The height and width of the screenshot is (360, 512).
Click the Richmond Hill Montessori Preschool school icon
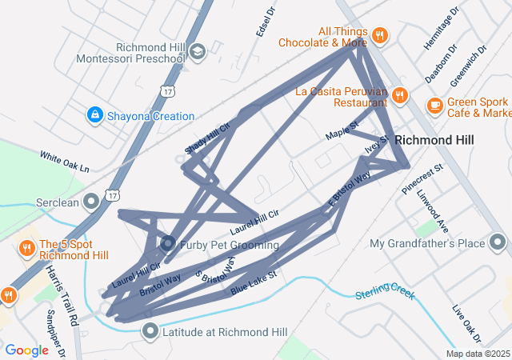click(197, 52)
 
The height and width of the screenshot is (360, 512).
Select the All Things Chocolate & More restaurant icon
click(380, 36)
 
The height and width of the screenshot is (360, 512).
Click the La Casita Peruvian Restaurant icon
click(401, 96)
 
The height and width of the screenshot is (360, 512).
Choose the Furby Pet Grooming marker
click(168, 243)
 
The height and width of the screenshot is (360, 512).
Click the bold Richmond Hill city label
click(434, 139)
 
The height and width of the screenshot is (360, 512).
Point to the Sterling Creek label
click(385, 291)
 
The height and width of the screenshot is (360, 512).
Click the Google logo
click(26, 350)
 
